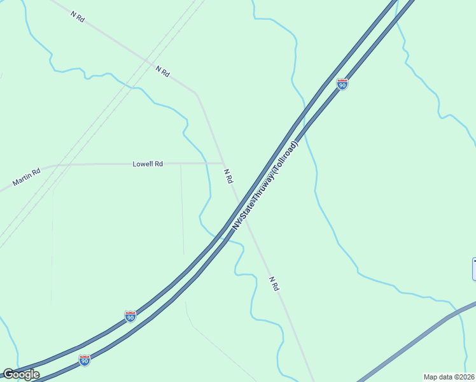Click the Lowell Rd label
148,164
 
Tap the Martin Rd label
27,177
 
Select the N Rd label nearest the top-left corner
78,17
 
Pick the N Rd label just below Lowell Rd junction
228,176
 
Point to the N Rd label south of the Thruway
274,284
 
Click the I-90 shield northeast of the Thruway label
342,85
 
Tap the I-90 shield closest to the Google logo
85,360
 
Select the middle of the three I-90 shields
130,316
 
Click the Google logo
20,374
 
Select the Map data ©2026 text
449,377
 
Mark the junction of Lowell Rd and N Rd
221,164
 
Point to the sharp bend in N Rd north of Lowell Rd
196,94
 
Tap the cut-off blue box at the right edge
473,269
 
